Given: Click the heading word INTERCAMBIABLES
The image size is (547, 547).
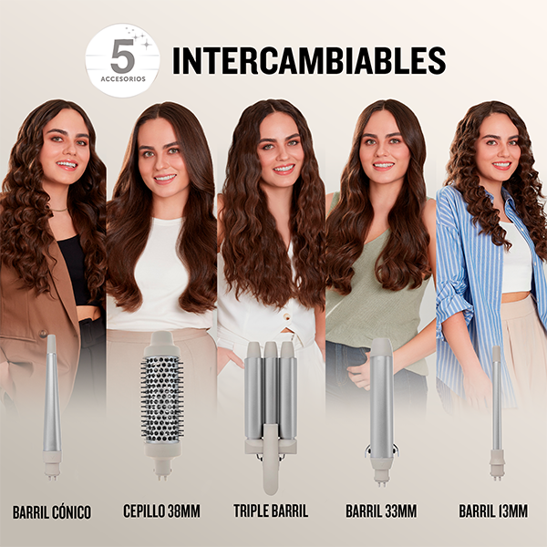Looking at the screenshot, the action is (309, 61).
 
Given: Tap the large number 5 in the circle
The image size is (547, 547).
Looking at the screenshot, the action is (122, 56).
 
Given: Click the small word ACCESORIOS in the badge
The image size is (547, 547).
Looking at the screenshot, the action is (123, 79).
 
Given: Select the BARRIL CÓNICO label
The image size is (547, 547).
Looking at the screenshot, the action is (52, 512).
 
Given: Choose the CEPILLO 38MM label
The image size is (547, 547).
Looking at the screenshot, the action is (162, 511).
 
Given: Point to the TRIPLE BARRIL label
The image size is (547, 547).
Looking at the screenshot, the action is (271, 511).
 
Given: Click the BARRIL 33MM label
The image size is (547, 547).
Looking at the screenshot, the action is (381, 511).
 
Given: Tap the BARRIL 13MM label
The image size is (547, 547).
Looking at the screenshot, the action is (493, 511).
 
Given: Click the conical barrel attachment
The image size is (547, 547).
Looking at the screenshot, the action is (52, 408).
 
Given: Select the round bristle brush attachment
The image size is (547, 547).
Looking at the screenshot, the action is (162, 405).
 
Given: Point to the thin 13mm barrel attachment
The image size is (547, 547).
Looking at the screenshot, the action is (497, 413).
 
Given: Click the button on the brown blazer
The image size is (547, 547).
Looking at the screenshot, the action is (44, 334).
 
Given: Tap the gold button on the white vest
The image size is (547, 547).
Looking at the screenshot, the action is (287, 316).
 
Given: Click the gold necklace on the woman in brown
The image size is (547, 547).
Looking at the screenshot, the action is (58, 210).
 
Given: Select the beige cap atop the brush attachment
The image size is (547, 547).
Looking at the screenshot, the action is (162, 344).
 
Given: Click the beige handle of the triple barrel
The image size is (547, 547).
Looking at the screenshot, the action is (271, 459).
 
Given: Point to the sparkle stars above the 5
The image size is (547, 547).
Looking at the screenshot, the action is (139, 38).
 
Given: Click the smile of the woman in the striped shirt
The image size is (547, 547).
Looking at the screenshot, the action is (501, 164).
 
